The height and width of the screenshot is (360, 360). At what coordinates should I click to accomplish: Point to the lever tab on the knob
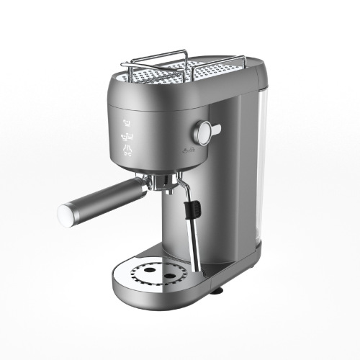tap(216, 129)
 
